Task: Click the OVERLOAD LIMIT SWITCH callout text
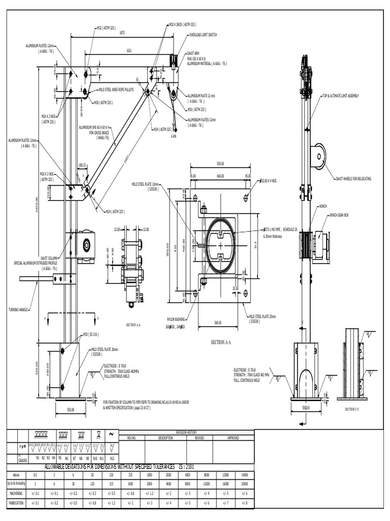click(203, 35)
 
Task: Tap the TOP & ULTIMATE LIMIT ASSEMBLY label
click(340, 96)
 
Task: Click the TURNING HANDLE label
click(19, 309)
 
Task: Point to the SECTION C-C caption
click(352, 409)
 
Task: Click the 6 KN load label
click(174, 136)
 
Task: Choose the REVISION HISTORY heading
click(186, 432)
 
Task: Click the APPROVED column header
click(233, 437)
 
